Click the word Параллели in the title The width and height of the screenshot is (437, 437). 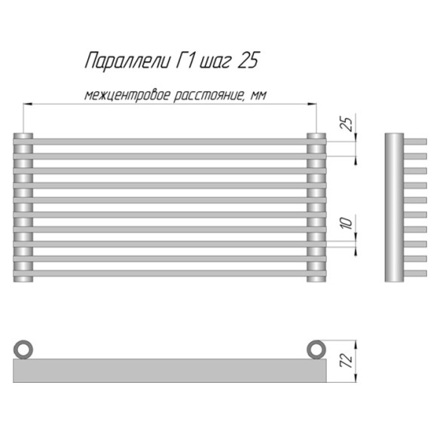point(127,60)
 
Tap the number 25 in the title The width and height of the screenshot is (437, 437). point(247,60)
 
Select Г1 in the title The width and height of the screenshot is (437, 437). point(185,60)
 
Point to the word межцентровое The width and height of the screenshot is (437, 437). point(127,96)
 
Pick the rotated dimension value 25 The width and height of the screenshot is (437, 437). point(347,124)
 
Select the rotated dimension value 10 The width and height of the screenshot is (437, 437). point(347,223)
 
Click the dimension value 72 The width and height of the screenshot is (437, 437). point(347,361)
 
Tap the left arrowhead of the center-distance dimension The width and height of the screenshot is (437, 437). point(27,104)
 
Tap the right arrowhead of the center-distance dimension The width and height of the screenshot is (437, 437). point(312,104)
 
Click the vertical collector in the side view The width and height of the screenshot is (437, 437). point(394,207)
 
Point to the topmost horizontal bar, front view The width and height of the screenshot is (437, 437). point(170,142)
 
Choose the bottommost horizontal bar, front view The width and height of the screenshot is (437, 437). point(170,273)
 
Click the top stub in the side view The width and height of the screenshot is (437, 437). point(415,142)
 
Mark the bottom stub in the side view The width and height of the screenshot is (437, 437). point(415,273)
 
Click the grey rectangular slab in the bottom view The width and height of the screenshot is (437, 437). point(170,371)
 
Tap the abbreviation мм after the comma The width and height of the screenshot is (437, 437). point(258,96)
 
